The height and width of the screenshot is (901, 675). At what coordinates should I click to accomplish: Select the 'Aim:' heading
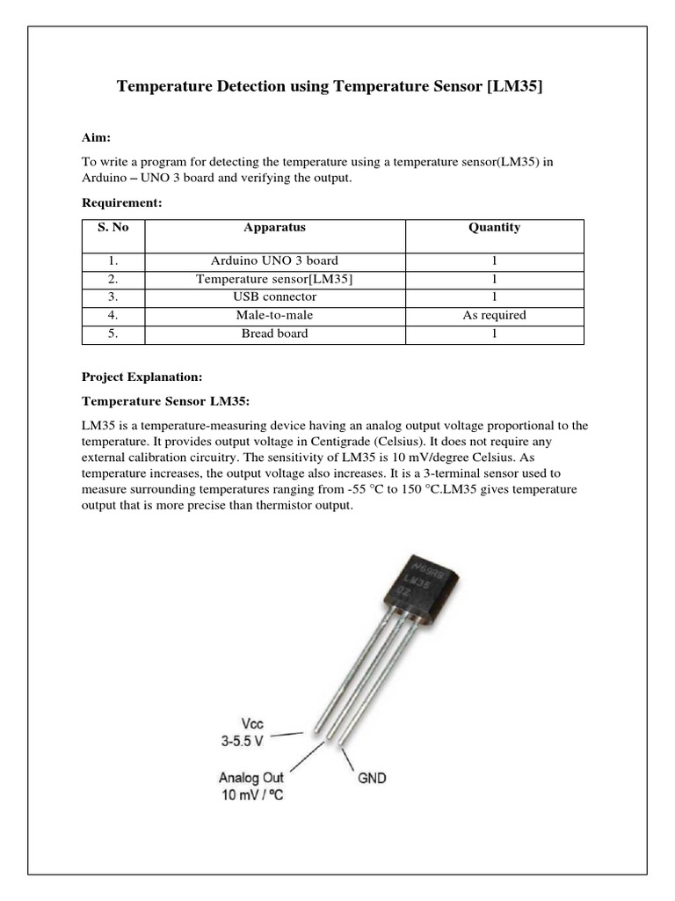tap(96, 138)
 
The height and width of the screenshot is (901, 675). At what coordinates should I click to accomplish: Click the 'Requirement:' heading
tap(118, 202)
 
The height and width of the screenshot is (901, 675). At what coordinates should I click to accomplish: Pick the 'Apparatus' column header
tap(274, 227)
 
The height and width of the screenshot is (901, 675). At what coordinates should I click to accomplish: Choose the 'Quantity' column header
tap(494, 227)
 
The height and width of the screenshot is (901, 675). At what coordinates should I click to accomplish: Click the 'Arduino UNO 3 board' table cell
tap(274, 261)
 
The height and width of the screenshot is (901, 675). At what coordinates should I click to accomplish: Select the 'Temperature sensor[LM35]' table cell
tap(274, 279)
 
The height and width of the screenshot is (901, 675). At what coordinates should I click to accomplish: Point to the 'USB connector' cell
tap(274, 297)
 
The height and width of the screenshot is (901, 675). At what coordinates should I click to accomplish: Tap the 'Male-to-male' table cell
tap(274, 315)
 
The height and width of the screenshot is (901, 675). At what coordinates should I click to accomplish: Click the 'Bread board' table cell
tap(274, 333)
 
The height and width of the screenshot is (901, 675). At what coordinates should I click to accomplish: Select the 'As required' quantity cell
tap(494, 315)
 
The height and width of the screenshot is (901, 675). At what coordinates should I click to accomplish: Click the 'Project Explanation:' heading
tap(142, 377)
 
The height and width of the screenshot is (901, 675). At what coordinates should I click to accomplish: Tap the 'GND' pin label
tap(371, 778)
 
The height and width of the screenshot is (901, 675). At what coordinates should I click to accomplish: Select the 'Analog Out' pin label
tap(251, 778)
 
